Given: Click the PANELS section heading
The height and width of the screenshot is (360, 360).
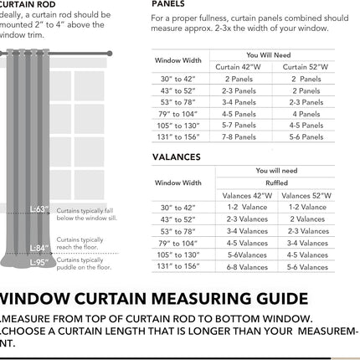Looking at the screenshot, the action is pos(168,4).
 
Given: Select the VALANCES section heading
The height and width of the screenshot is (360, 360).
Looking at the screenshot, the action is pos(177,157).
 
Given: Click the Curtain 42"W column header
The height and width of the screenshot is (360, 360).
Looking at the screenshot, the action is pos(244,67).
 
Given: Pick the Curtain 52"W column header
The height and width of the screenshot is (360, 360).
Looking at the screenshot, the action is pos(306,67).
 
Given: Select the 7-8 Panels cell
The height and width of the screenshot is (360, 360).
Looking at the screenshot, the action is pos(239,136).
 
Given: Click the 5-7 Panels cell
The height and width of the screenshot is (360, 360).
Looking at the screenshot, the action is pos(239,125).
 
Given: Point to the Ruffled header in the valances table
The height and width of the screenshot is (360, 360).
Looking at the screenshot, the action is pos(276,183).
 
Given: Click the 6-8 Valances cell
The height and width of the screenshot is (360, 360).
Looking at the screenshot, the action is pos(247,267).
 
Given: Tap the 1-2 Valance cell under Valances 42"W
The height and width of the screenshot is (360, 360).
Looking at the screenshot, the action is pos(247,207).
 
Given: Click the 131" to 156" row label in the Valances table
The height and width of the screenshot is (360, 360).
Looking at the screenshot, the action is pos(177,266).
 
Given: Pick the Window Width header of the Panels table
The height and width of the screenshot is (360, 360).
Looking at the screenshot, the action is pos(178,61).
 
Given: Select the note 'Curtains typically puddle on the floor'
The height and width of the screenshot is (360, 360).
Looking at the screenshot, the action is pos(80,264).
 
